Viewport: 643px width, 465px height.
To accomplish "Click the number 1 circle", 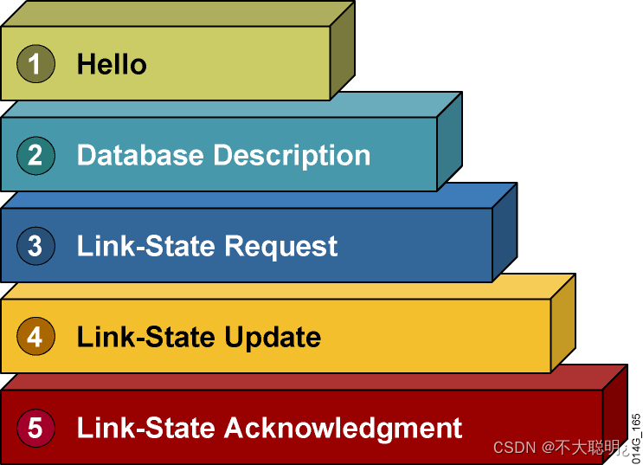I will coord(35,64).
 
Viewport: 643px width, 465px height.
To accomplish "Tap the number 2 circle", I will coord(35,155).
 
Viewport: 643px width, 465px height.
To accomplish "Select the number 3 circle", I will coord(35,246).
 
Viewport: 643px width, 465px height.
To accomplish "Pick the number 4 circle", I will coord(35,336).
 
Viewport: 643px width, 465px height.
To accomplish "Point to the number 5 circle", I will coord(35,428).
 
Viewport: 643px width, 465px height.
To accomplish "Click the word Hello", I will coord(112,64).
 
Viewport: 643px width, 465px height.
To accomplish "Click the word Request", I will coord(280,247).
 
